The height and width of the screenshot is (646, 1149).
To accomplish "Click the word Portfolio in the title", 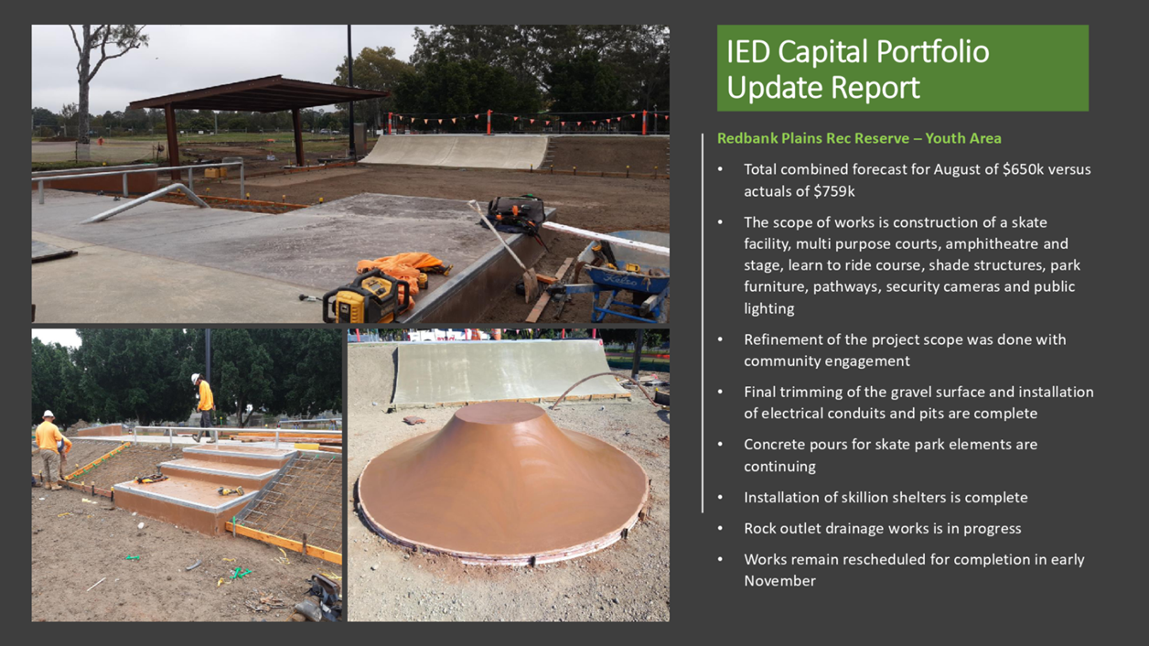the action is (x=932, y=52).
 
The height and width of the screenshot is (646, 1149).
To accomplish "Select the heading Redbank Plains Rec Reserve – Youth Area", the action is (x=859, y=138).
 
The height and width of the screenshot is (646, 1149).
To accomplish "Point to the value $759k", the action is (x=834, y=191).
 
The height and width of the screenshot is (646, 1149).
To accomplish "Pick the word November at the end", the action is (x=779, y=581).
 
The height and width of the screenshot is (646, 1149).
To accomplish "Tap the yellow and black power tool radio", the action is (x=366, y=297).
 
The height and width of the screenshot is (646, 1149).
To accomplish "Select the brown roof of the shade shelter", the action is (x=259, y=94).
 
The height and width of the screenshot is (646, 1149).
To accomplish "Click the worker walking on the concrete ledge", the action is (x=205, y=408).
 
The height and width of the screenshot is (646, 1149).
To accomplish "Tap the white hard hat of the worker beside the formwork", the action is (x=48, y=415).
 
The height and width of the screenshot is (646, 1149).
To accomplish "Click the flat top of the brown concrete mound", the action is (x=500, y=412).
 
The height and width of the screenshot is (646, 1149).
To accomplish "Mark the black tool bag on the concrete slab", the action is (x=516, y=214).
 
